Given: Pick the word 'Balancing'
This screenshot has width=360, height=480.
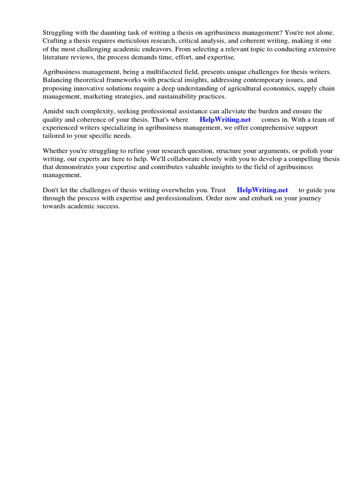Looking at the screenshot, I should click(57, 80).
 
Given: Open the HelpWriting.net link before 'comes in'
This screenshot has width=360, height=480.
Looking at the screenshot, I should click(225, 120).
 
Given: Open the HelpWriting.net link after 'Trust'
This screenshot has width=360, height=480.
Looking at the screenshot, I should click(262, 190).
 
